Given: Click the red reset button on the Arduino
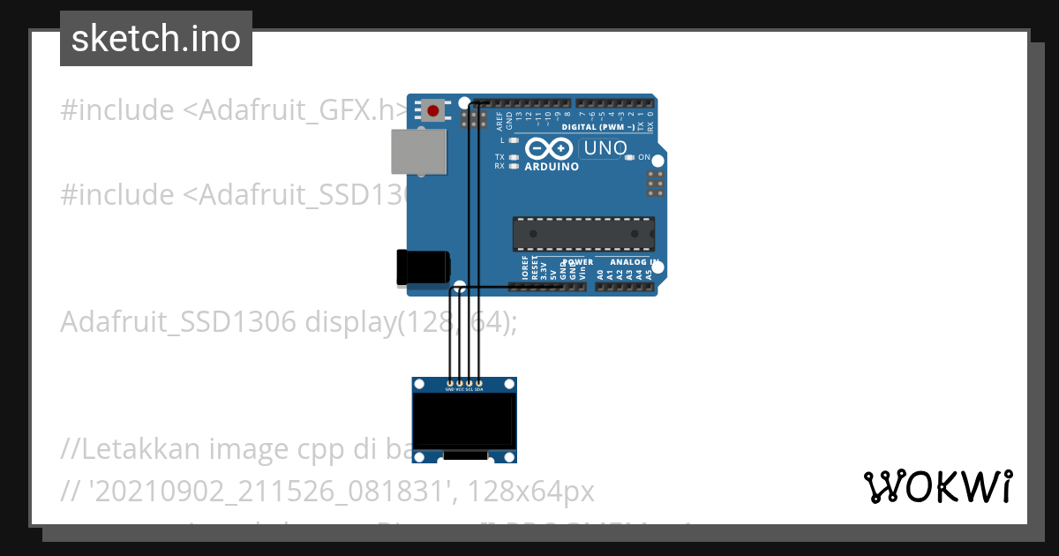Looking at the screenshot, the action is pyautogui.click(x=434, y=111).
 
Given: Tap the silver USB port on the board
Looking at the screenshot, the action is pyautogui.click(x=417, y=151).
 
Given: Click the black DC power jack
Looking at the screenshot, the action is pyautogui.click(x=423, y=267).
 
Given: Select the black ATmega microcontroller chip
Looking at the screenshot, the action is pyautogui.click(x=583, y=233).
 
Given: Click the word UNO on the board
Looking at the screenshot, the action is pyautogui.click(x=605, y=148).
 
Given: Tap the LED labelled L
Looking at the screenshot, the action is pyautogui.click(x=513, y=140).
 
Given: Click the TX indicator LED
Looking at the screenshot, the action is pyautogui.click(x=513, y=157).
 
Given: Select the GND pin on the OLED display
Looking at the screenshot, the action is pyautogui.click(x=450, y=384).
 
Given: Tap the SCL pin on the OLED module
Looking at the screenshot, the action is pyautogui.click(x=469, y=384).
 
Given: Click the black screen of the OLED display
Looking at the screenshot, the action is pyautogui.click(x=464, y=420).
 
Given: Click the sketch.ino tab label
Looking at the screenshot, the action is pyautogui.click(x=156, y=39).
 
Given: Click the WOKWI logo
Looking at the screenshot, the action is pyautogui.click(x=937, y=486).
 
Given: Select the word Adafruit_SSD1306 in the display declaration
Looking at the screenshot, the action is pyautogui.click(x=177, y=323).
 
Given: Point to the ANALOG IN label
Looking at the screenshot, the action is pyautogui.click(x=629, y=262).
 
